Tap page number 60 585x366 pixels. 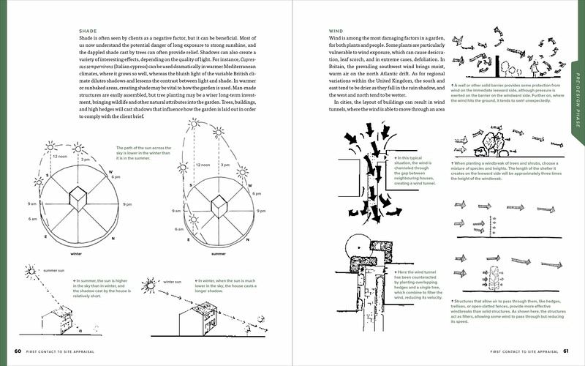18,350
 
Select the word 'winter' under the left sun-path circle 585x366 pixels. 76,255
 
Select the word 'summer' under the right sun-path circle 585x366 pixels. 217,255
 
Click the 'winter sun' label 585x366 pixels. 173,281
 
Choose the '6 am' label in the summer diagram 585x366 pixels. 179,229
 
